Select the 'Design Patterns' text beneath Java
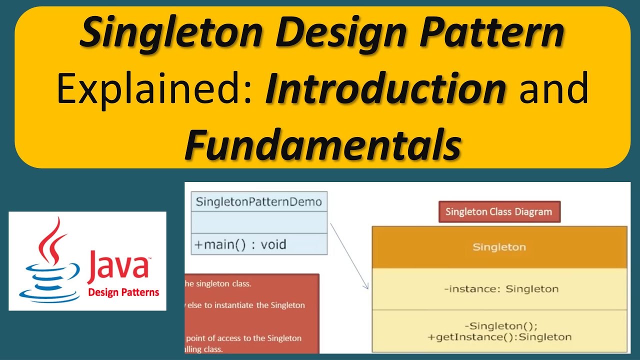click(x=123, y=292)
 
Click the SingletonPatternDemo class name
click(x=259, y=202)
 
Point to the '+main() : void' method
click(x=240, y=244)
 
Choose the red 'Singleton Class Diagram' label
click(x=498, y=212)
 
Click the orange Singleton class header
click(x=499, y=247)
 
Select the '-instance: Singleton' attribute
click(x=500, y=288)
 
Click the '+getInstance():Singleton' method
click(x=499, y=337)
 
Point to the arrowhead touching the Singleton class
click(x=366, y=286)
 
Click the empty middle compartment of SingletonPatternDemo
click(x=259, y=222)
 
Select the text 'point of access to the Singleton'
click(x=243, y=338)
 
